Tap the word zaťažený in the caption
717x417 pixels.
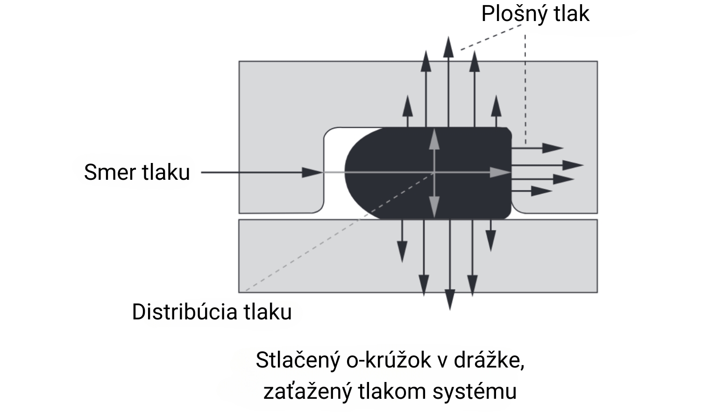click(x=306, y=391)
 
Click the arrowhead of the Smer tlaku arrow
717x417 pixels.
click(x=312, y=172)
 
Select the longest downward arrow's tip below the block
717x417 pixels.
click(x=449, y=300)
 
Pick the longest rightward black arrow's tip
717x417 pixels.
click(x=574, y=165)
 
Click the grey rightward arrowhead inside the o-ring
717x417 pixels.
click(x=502, y=173)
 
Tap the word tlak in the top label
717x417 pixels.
click(x=572, y=14)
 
